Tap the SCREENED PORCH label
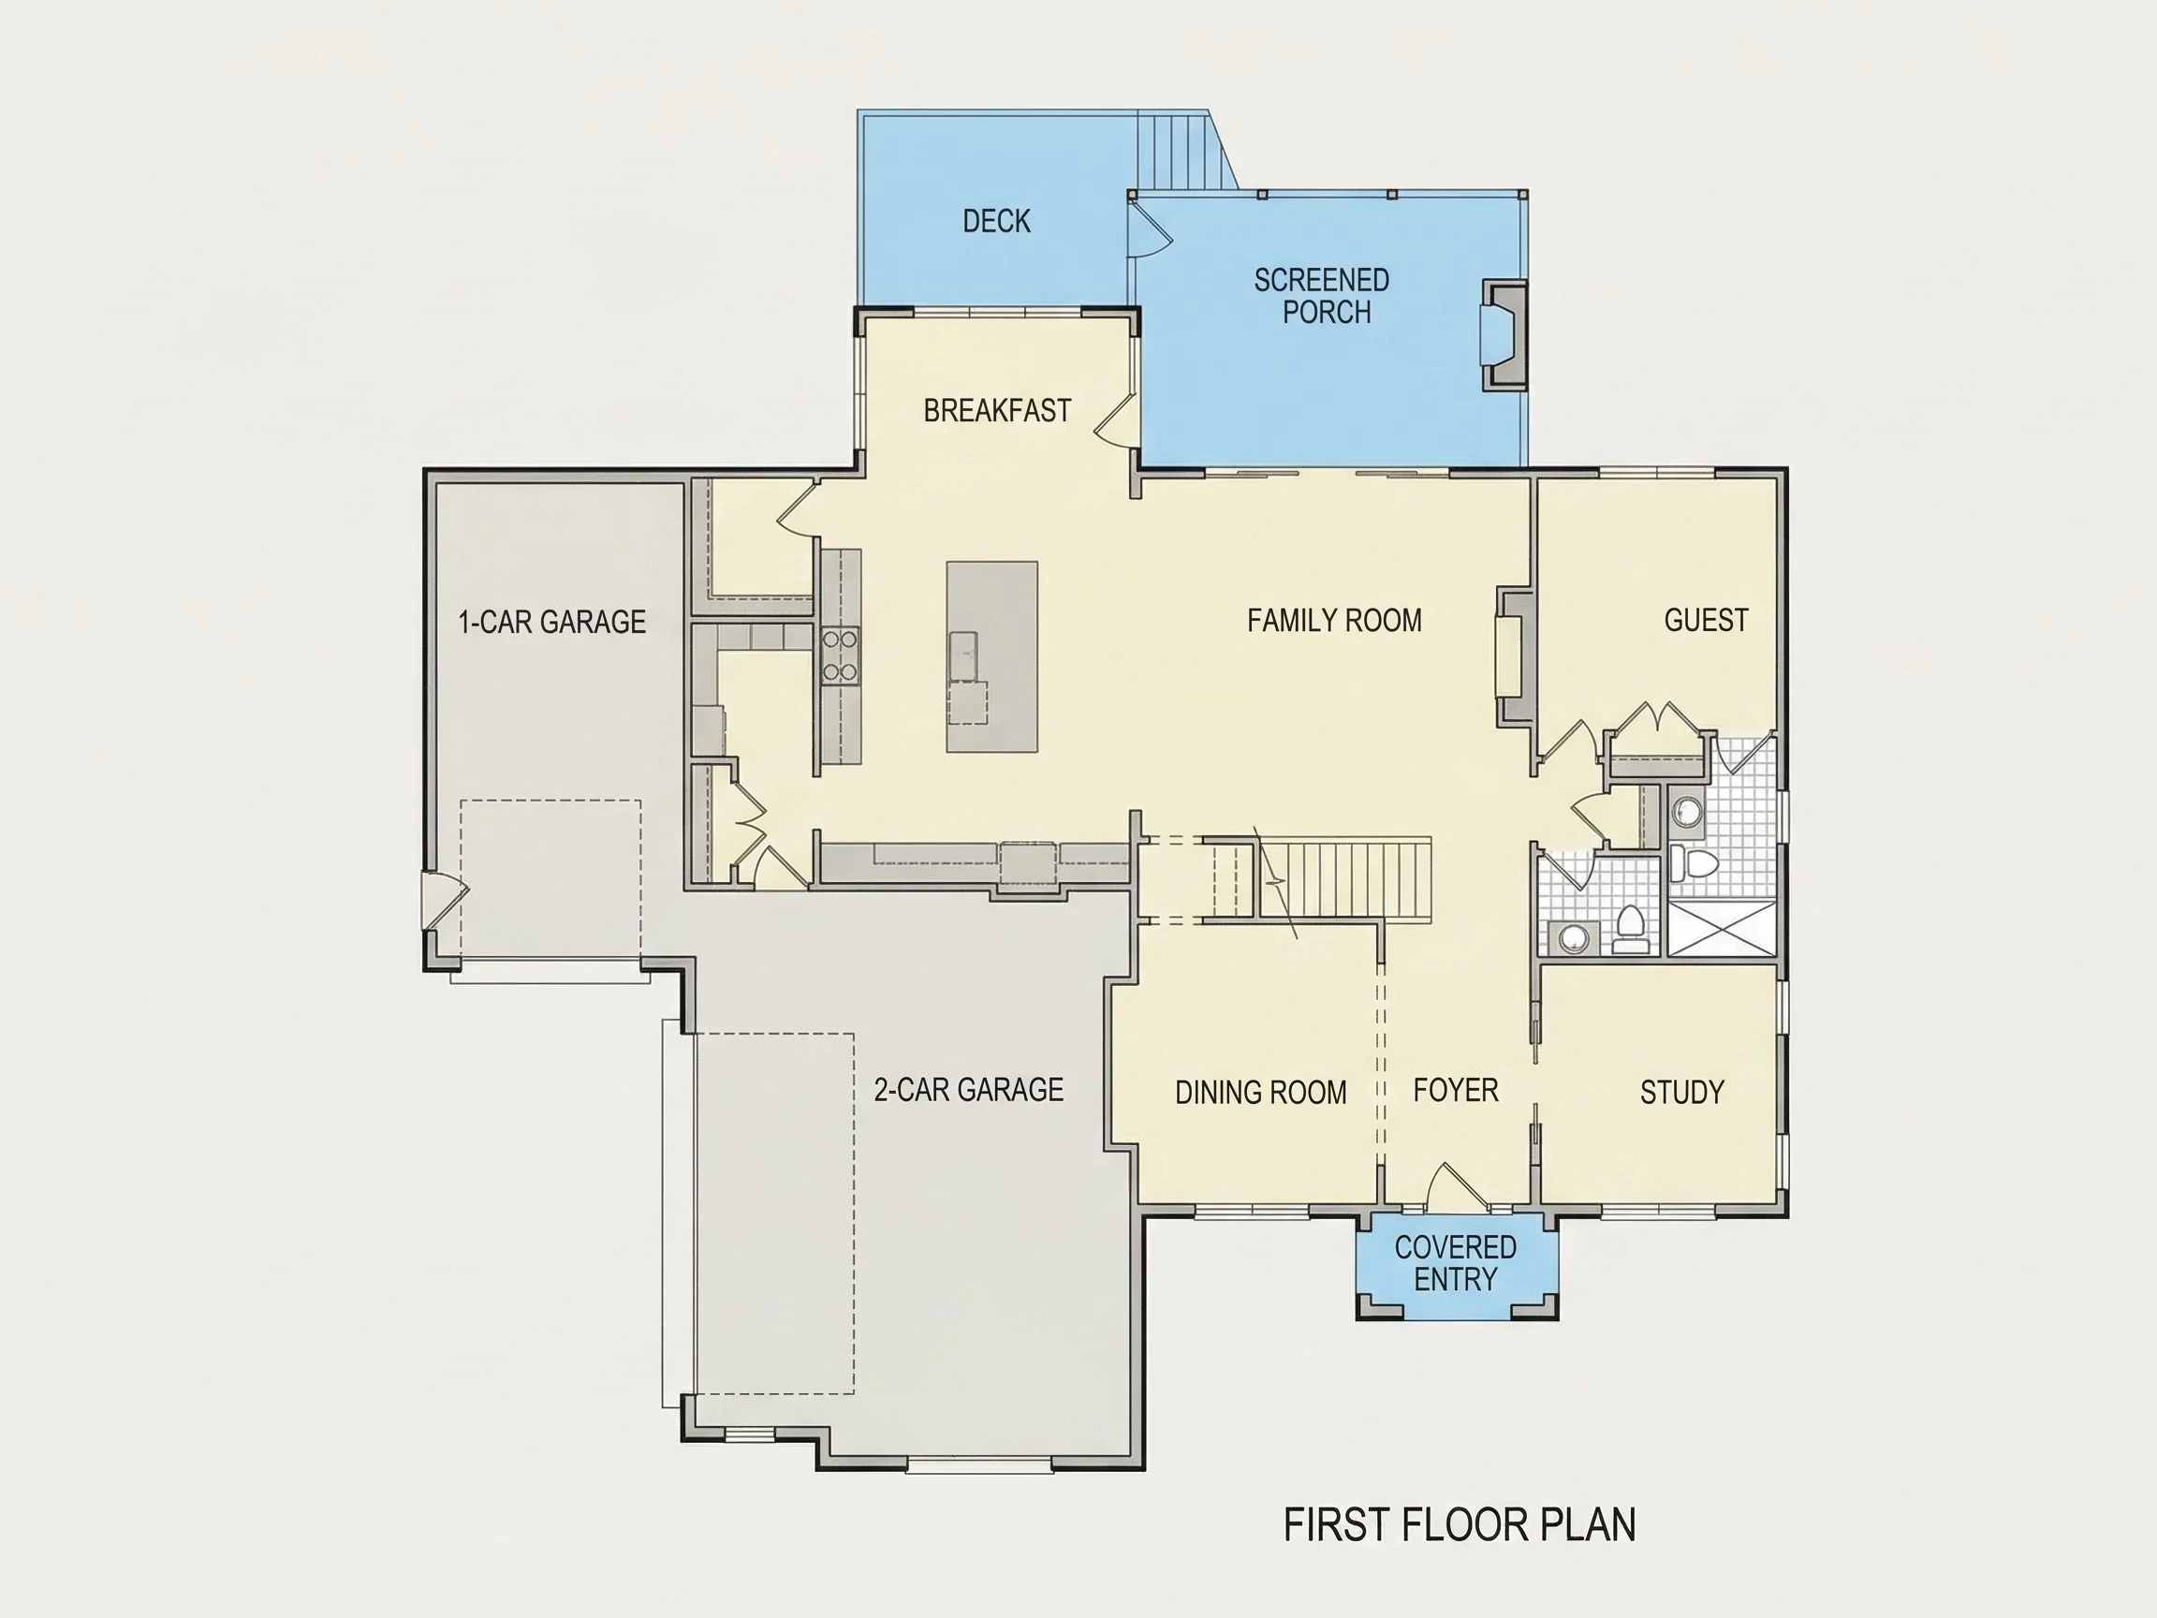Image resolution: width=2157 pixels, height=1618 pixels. (x=1322, y=297)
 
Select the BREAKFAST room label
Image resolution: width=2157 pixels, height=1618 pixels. (x=997, y=411)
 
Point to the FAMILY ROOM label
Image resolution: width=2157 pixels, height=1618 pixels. (x=1334, y=620)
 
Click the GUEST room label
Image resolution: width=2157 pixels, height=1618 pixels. (x=1706, y=620)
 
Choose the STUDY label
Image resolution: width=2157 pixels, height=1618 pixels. (x=1682, y=1092)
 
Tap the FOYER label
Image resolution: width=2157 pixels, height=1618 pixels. (x=1455, y=1089)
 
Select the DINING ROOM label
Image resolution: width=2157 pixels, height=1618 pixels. (x=1260, y=1093)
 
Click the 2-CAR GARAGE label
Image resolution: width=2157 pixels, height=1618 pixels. (x=968, y=1089)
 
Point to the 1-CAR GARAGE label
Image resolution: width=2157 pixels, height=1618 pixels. (x=552, y=621)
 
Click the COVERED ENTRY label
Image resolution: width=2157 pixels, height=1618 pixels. (x=1455, y=1263)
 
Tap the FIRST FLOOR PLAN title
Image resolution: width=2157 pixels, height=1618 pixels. (x=1459, y=1524)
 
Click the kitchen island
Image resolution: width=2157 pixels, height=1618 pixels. (x=991, y=656)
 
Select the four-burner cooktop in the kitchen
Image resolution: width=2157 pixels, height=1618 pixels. (x=840, y=655)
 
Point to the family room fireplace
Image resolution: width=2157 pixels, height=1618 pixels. (x=1515, y=656)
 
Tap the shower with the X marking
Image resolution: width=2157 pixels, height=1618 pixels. (x=1721, y=929)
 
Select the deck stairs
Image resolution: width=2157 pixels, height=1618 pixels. (x=1181, y=151)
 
